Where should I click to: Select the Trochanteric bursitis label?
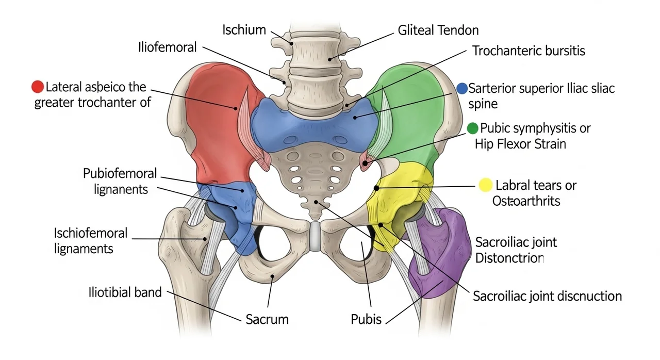click(529, 51)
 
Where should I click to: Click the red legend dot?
click(38, 87)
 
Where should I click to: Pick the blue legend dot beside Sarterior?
click(463, 88)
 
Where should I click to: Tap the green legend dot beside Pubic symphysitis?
click(472, 128)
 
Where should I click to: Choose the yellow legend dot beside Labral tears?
click(485, 185)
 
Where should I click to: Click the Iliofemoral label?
click(168, 47)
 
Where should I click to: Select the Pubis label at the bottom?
click(366, 319)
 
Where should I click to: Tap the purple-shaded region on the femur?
click(438, 258)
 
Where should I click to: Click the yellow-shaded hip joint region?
click(397, 201)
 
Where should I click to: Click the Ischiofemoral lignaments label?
click(91, 241)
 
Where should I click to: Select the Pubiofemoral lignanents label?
click(121, 181)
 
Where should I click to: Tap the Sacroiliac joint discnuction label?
click(547, 296)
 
